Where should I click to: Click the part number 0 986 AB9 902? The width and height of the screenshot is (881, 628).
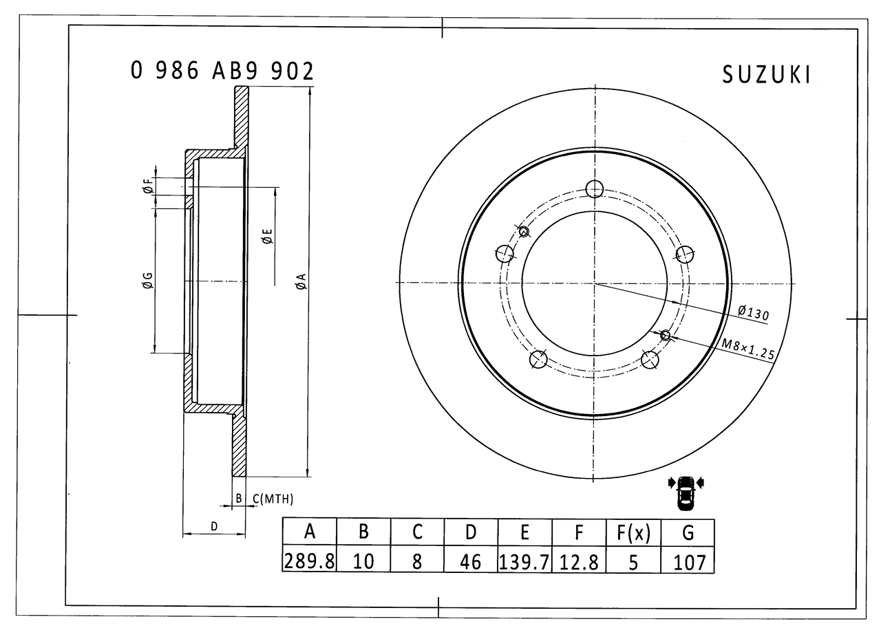coord(222,72)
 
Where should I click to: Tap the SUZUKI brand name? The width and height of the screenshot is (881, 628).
coord(766,75)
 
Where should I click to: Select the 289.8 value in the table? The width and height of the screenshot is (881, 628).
coord(309,561)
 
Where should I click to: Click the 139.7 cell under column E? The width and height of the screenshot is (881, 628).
coord(524,561)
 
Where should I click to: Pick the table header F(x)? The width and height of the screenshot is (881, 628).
coord(633,532)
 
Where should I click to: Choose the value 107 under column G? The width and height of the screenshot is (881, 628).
coord(688,561)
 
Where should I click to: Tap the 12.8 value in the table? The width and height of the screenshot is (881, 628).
coord(578,561)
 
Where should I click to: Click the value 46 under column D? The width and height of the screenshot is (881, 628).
coord(470,561)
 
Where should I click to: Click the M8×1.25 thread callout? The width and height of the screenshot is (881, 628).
coord(748,350)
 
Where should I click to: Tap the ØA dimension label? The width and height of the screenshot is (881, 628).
coord(301,281)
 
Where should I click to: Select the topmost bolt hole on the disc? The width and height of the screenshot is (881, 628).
coord(595,188)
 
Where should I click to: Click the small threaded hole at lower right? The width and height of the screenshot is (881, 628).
coord(666,335)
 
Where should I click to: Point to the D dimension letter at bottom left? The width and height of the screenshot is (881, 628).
coord(214,526)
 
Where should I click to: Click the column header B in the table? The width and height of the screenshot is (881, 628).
coord(363,532)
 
